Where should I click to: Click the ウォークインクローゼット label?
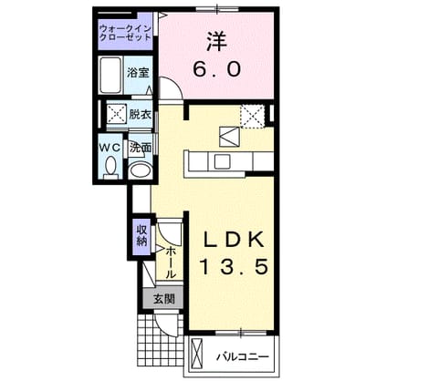point(126,33)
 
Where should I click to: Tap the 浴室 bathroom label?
point(138,73)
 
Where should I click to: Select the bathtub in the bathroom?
point(110,75)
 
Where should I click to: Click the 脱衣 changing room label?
point(141,114)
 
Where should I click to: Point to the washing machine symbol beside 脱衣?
point(116,114)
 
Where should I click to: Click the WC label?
point(110,148)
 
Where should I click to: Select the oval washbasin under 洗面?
point(140,170)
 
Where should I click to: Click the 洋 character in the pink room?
point(217,42)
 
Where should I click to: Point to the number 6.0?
point(217,69)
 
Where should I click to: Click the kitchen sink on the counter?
point(222,161)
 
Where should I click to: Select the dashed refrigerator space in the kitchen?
point(252,117)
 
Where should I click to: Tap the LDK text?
point(234,240)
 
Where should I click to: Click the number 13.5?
point(235,267)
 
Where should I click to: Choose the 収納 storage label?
point(141,235)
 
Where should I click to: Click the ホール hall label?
point(171,263)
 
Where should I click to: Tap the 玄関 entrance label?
point(163,299)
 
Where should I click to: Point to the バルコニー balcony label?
point(243,356)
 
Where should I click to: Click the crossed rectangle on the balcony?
point(196,353)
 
